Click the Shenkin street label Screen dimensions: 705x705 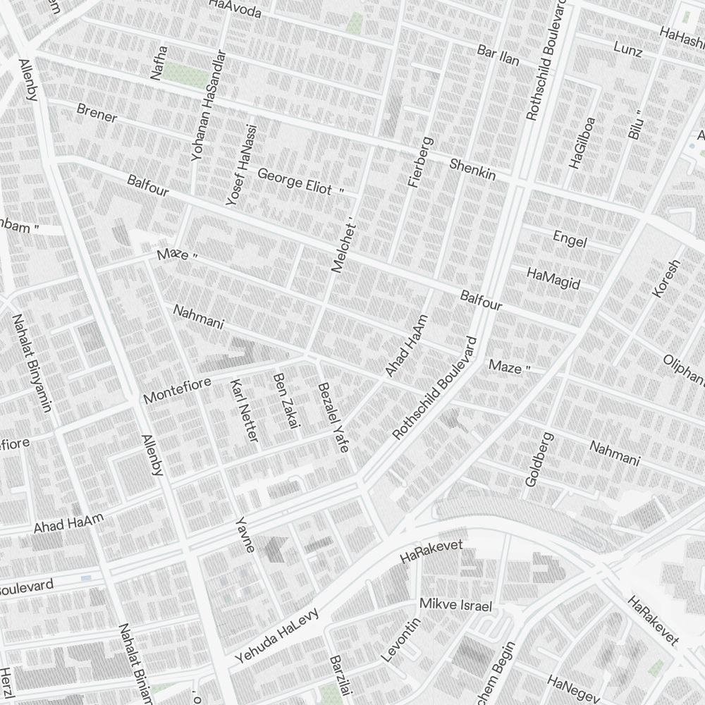click(473, 169)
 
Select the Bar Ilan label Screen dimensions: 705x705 click(498, 56)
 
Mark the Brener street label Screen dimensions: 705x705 click(97, 113)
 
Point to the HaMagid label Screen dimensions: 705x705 click(553, 278)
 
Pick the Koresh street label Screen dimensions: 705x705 click(666, 278)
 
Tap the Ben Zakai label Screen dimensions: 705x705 click(286, 400)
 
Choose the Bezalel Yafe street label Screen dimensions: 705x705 click(333, 417)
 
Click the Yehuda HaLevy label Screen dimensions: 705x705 click(277, 636)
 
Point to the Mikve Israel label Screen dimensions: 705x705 click(455, 605)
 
